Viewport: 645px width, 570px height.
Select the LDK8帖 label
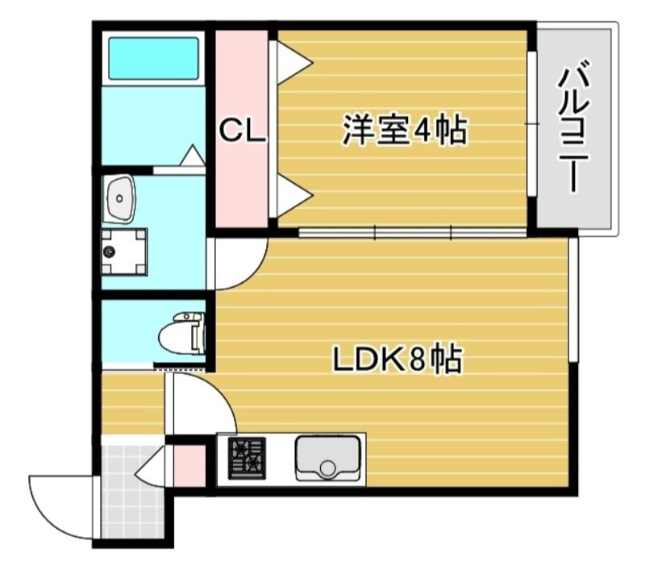pos(398,360)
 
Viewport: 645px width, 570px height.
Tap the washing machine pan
pos(124,251)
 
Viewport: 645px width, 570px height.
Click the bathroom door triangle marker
pos(193,156)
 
